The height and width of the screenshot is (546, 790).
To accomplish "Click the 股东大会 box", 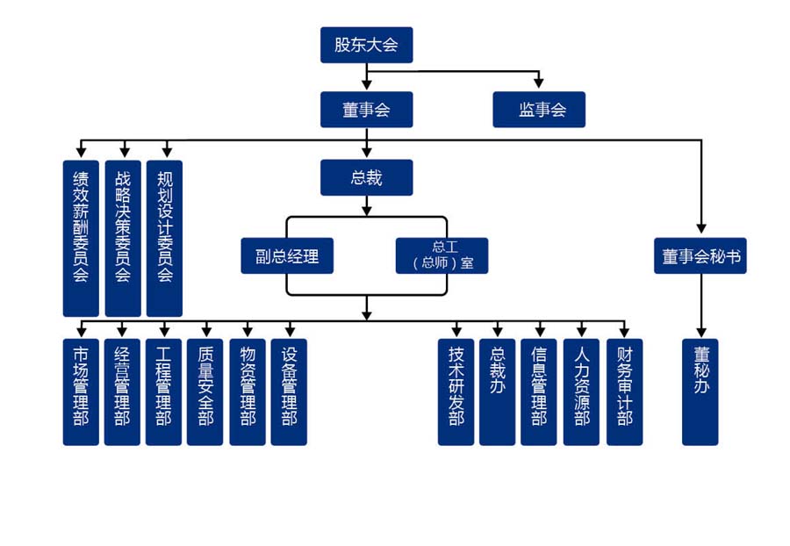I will pyautogui.click(x=366, y=45).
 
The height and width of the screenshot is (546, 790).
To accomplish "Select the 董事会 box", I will pyautogui.click(x=366, y=110).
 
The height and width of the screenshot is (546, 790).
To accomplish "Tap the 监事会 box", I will pyautogui.click(x=539, y=110).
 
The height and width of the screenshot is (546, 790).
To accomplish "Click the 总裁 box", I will pyautogui.click(x=366, y=177).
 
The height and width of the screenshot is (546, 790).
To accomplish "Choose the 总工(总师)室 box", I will pyautogui.click(x=442, y=255).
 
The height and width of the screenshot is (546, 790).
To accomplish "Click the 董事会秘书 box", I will pyautogui.click(x=700, y=255).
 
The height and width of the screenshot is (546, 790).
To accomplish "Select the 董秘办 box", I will pyautogui.click(x=700, y=392).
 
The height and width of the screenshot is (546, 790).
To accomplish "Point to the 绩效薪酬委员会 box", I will pyautogui.click(x=81, y=238).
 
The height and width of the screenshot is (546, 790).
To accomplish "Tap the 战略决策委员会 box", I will pyautogui.click(x=123, y=238).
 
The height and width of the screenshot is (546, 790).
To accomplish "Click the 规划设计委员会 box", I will pyautogui.click(x=164, y=238).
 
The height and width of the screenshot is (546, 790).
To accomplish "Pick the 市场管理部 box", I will pyautogui.click(x=81, y=392).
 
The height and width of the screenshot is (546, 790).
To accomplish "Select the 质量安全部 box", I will pyautogui.click(x=205, y=392).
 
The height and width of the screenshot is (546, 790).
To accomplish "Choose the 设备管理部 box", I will pyautogui.click(x=289, y=392).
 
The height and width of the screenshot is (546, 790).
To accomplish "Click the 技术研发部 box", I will pyautogui.click(x=456, y=392).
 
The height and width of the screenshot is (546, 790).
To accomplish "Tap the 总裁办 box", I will pyautogui.click(x=497, y=392).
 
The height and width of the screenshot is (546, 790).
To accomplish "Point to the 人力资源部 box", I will pyautogui.click(x=581, y=392).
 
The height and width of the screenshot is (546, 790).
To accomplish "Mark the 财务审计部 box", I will pyautogui.click(x=624, y=392).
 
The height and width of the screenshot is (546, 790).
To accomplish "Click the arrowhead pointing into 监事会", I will pyautogui.click(x=539, y=84).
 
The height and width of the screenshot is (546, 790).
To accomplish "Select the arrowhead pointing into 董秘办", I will pyautogui.click(x=700, y=333).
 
